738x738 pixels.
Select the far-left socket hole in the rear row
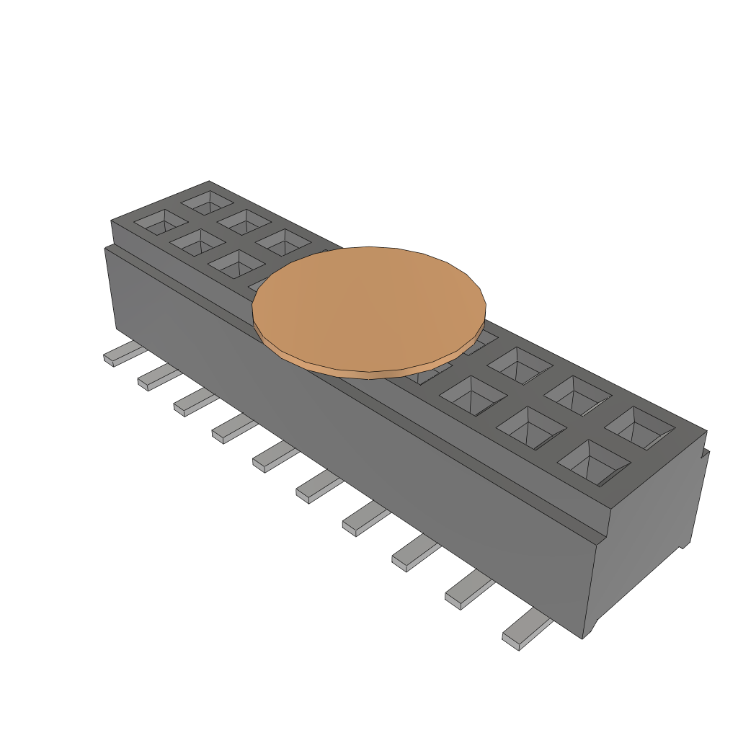208,202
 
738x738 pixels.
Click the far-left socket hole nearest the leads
160,221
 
